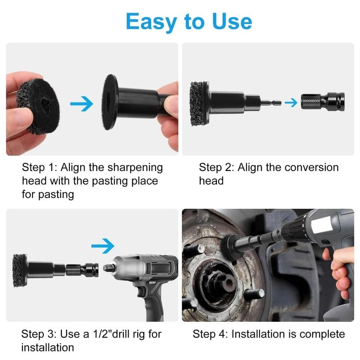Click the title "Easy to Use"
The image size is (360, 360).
189,21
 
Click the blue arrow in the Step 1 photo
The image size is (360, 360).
82,104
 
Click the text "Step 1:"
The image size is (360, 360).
40,167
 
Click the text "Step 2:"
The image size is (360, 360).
216,167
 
